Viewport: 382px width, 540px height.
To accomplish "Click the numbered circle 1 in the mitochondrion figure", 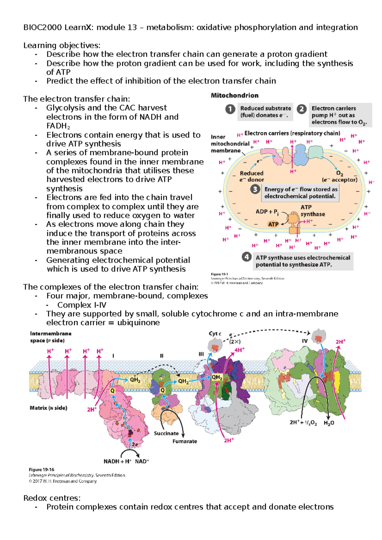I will tap(230, 109).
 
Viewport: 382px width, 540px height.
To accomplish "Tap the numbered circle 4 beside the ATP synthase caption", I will tap(246, 257).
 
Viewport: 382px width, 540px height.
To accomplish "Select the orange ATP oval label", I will tap(273, 224).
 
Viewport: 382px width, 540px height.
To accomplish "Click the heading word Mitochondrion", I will tap(235, 95).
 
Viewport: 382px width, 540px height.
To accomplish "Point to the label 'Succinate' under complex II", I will tap(166, 433).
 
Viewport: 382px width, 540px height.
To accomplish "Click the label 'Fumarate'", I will tap(185, 441).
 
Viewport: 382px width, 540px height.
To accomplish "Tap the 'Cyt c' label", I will tap(215, 334).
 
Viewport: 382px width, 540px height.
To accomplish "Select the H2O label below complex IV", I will tap(329, 423).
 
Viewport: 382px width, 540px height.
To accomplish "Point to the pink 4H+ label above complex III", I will tap(239, 350).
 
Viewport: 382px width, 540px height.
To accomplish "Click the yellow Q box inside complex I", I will tap(112, 391).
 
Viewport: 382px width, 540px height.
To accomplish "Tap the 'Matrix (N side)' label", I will tap(48, 408).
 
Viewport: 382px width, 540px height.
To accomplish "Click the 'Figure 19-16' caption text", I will tap(41, 469).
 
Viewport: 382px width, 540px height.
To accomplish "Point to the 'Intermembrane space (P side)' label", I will tap(50, 337).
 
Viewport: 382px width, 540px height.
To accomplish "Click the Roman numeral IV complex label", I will tap(305, 341).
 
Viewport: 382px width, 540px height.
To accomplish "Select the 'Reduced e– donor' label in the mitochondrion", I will tap(251, 176).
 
